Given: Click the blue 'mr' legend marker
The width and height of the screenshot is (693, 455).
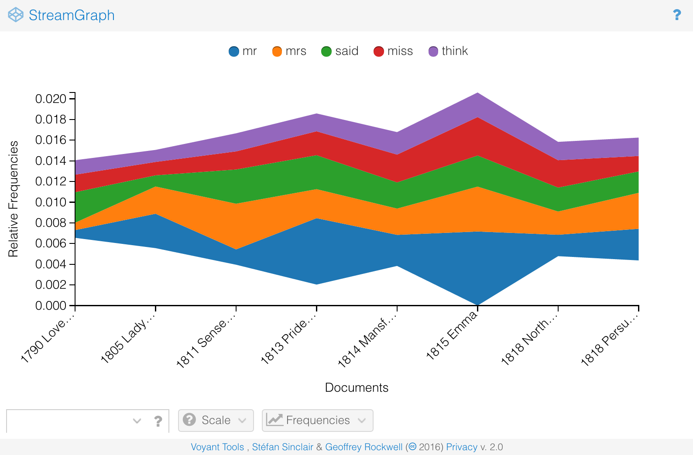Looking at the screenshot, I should coord(234,51).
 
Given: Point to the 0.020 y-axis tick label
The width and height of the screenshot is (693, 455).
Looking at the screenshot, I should coord(51,99).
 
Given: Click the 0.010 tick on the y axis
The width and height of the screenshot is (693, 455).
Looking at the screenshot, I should coord(51,202).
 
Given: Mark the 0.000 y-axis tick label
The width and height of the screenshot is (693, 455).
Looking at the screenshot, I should coord(51,305).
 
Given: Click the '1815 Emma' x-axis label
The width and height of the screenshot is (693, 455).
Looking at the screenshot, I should coord(451,336).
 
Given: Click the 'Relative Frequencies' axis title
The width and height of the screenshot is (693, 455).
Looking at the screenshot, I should coord(14,199).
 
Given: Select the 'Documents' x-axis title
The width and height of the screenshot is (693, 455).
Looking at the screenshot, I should coord(357,387).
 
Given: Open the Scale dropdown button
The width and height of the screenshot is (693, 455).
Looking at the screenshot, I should coord(216,420).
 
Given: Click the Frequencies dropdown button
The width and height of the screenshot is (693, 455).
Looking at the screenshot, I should coord(317,420).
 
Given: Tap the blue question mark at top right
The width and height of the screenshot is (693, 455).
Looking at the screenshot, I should coord(677,15).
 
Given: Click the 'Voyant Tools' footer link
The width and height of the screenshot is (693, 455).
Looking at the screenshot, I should coord(217,447).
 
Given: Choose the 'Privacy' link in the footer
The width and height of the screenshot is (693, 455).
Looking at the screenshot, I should coord(461,447).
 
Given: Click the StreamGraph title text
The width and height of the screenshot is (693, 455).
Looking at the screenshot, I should coord(72,15).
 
